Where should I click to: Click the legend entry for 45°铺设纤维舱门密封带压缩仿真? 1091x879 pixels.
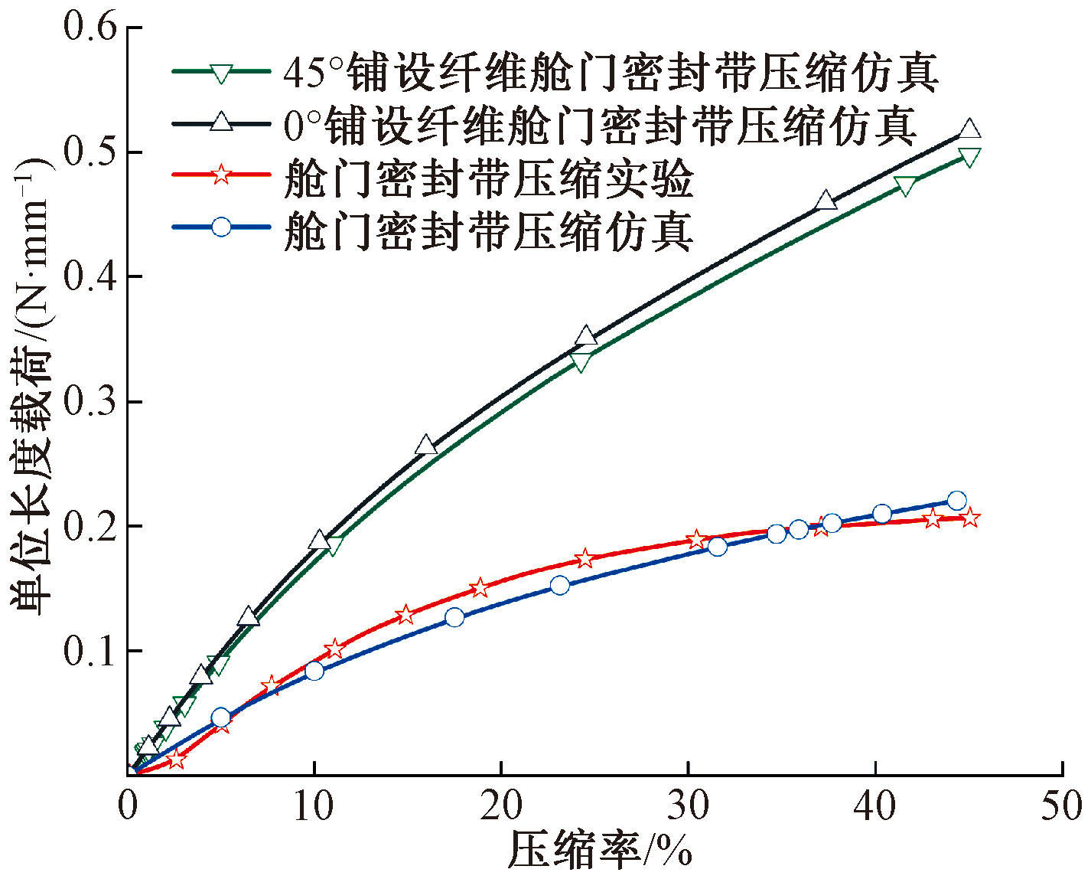(611, 74)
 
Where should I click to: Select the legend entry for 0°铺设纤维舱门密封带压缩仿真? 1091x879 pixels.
(600, 126)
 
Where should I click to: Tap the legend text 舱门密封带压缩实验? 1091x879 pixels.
(488, 178)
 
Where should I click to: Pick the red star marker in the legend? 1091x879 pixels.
(221, 175)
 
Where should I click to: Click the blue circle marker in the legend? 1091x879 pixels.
(221, 227)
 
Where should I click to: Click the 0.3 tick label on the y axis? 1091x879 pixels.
(90, 401)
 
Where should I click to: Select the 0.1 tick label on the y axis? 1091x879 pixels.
(90, 651)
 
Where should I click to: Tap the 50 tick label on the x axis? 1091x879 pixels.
(1062, 805)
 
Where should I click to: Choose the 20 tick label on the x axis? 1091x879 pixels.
(501, 805)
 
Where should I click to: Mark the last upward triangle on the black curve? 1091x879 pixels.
(969, 129)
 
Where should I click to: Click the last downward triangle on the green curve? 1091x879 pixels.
(969, 158)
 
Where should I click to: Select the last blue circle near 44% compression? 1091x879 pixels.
(956, 501)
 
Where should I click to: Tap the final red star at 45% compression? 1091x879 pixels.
(970, 518)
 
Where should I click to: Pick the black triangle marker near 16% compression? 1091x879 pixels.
(426, 445)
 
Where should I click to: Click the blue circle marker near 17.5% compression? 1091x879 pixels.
(454, 617)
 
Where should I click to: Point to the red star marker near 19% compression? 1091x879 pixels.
(480, 588)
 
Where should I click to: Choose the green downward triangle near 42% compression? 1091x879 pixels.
(905, 186)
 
